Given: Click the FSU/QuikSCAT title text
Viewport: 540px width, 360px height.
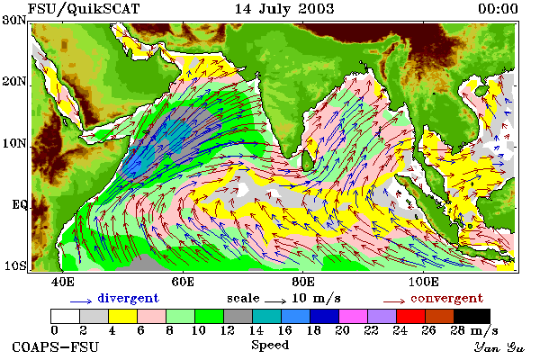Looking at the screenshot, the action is coord(84,9).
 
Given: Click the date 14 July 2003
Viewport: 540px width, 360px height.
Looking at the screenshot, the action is coord(284,9).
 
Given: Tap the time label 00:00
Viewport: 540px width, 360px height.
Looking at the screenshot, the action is coord(498,9).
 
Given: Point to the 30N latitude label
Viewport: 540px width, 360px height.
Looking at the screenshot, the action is coord(13,20).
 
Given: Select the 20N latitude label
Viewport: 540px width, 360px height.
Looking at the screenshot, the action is coord(14,82).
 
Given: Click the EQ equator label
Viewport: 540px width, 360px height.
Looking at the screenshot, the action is coord(19,205).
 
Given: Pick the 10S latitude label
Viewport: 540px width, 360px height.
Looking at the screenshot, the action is coord(14,266).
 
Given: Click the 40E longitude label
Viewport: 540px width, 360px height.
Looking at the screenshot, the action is coord(62,282).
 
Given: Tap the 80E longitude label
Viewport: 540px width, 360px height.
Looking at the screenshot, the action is coord(303,282).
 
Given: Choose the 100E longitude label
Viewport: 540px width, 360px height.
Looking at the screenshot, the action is coord(423,282).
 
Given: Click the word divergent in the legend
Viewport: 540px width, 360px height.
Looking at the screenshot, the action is coord(128,298).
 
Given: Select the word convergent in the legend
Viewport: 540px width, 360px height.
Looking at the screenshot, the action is coord(446,298).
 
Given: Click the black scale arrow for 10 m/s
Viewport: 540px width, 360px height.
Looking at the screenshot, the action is coord(275,301).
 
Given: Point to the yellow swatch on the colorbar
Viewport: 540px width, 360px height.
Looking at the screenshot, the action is coord(123,316).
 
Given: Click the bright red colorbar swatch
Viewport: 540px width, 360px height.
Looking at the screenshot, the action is coord(410,316).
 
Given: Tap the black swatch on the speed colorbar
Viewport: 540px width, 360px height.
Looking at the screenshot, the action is coord(472,316).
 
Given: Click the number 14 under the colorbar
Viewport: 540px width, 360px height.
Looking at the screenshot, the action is coord(256,330).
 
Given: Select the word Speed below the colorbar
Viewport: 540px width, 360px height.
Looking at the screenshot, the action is coord(270,346).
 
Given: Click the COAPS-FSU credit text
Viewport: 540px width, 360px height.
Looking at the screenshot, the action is coord(56,346).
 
